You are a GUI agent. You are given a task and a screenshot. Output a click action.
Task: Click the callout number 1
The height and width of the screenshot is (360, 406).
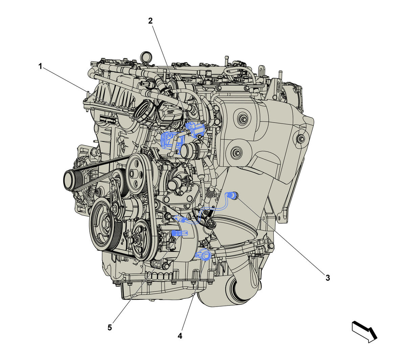click(41, 66)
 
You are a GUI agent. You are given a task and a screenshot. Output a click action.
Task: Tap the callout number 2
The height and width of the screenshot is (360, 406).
click(150, 21)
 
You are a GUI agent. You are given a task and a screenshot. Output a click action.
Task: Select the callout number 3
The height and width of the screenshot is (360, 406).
click(328, 278)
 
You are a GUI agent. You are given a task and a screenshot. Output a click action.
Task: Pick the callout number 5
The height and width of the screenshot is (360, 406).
click(110, 328)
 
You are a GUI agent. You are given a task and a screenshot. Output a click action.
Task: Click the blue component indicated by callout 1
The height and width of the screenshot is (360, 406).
click(170, 140)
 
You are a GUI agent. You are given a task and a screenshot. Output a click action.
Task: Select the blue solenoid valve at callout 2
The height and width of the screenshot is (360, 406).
click(195, 129)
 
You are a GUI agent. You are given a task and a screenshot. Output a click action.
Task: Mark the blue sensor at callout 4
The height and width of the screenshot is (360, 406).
click(203, 255)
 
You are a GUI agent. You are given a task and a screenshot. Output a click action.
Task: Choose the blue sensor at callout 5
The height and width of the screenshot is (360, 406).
click(180, 233)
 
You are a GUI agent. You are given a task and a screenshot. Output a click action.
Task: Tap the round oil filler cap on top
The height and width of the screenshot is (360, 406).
click(146, 57)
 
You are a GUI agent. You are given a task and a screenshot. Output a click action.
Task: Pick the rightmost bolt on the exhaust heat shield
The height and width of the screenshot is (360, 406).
click(301, 138)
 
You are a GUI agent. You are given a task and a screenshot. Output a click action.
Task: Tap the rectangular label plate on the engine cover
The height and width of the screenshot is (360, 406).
click(108, 120)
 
